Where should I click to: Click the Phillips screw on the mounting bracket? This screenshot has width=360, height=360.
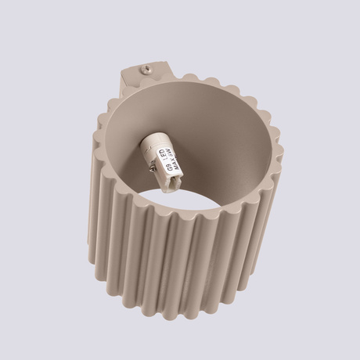coord(146,69)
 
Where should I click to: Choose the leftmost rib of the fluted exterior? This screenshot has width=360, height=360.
coord(92,196)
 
